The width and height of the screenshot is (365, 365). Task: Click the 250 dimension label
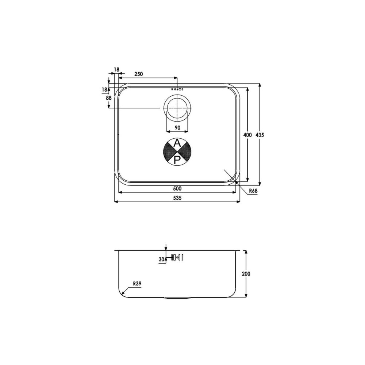[138, 74]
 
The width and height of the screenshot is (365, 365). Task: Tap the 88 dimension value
[109, 98]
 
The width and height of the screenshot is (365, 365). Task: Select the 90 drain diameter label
[177, 127]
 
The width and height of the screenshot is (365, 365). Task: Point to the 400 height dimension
[247, 135]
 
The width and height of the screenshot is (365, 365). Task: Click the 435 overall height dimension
[260, 135]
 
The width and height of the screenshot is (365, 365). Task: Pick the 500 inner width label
[177, 188]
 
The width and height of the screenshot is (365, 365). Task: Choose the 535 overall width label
[177, 198]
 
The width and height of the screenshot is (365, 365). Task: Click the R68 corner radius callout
[253, 191]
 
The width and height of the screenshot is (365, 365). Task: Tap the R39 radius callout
[137, 284]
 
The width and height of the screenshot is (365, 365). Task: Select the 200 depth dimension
[246, 274]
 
